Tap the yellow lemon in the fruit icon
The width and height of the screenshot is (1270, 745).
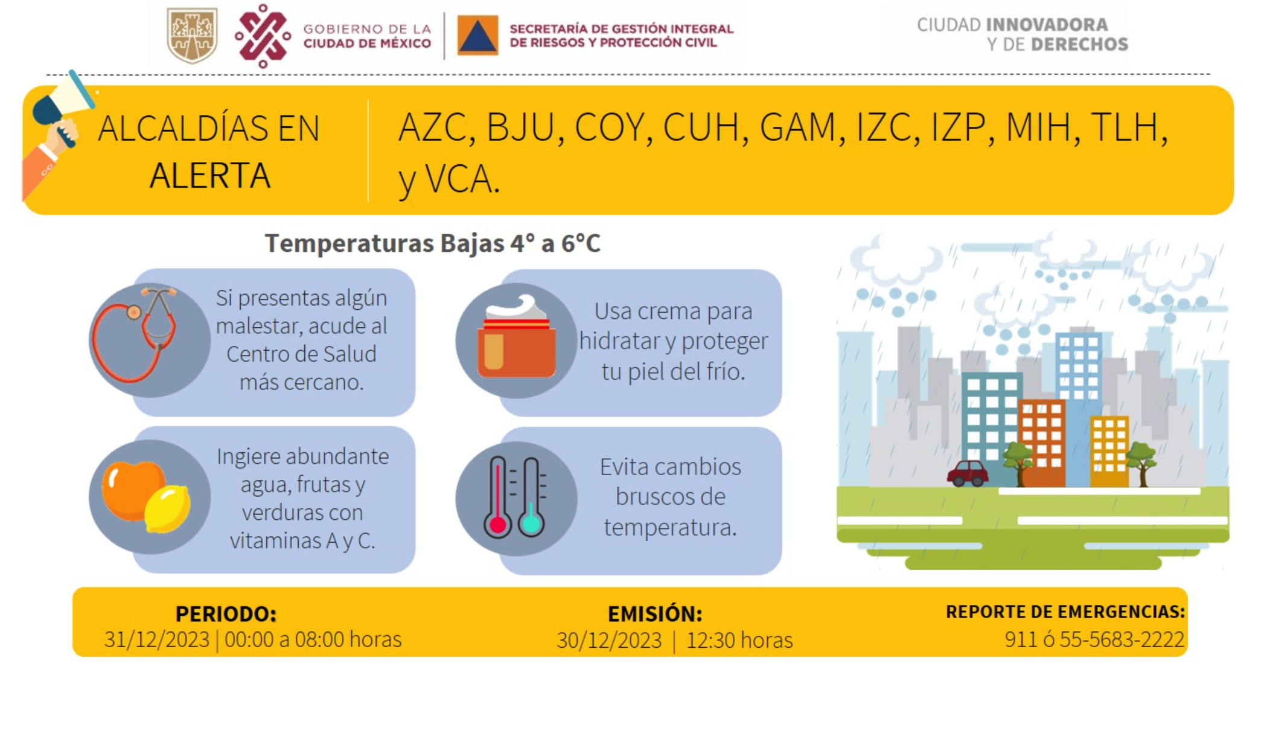pyautogui.click(x=167, y=509)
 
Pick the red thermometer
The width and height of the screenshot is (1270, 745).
pyautogui.click(x=498, y=497)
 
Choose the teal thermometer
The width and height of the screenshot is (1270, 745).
pyautogui.click(x=531, y=497)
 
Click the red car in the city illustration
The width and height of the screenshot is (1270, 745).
pyautogui.click(x=968, y=473)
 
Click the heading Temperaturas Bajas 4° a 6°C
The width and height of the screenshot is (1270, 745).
pyautogui.click(x=433, y=243)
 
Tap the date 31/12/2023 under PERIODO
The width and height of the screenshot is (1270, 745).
pyautogui.click(x=156, y=639)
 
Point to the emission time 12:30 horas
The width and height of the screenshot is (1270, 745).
pyautogui.click(x=739, y=640)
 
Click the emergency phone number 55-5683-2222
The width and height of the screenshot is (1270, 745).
pyautogui.click(x=1122, y=639)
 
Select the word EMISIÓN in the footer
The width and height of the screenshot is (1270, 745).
pyautogui.click(x=655, y=613)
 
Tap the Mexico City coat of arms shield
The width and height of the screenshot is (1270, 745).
pyautogui.click(x=192, y=35)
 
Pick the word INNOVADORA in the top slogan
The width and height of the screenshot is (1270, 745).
pyautogui.click(x=1047, y=25)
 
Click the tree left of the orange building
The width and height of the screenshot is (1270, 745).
pyautogui.click(x=1018, y=462)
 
